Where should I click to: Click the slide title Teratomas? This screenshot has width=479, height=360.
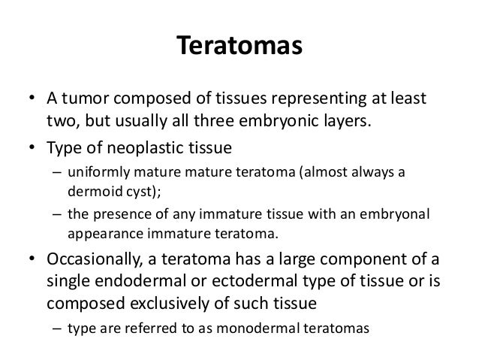239,46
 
